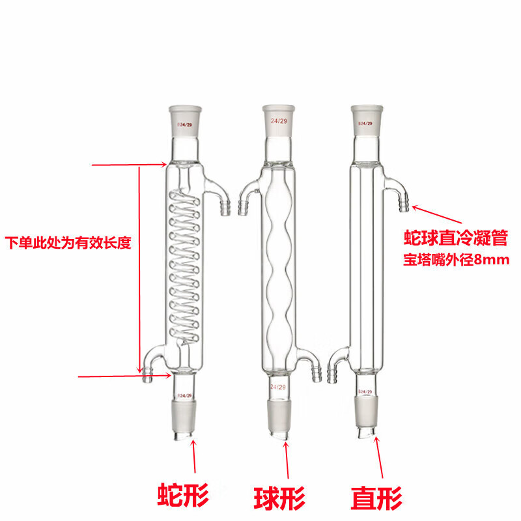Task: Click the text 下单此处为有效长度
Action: (x=68, y=244)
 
